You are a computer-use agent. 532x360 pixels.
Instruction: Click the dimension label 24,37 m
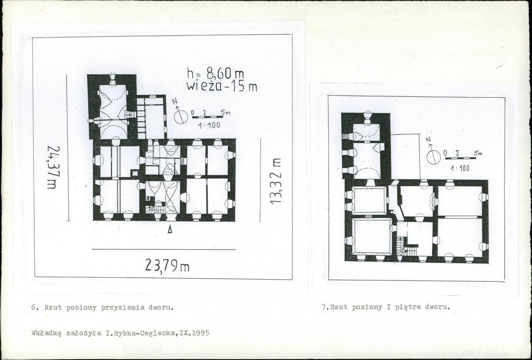point(53,167)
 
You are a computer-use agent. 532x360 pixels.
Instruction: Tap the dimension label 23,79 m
point(167,265)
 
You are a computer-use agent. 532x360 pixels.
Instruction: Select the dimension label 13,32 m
point(276,181)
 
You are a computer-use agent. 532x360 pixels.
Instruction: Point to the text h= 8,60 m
point(216,73)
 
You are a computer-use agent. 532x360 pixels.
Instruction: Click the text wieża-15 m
point(222,86)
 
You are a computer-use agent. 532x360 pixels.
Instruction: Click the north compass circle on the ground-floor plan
point(181,117)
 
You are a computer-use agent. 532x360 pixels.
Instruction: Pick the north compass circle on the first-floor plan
point(433,158)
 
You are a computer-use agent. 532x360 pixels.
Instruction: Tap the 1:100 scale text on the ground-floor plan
point(209,125)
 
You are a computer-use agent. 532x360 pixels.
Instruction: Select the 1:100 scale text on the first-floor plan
point(460,168)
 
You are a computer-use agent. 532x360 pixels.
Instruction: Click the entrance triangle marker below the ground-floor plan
point(170,229)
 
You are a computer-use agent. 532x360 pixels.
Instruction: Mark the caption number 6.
point(34,308)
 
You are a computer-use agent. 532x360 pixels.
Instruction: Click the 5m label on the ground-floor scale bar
point(225,112)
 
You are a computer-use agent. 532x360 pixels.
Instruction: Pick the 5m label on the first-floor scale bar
point(478,153)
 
